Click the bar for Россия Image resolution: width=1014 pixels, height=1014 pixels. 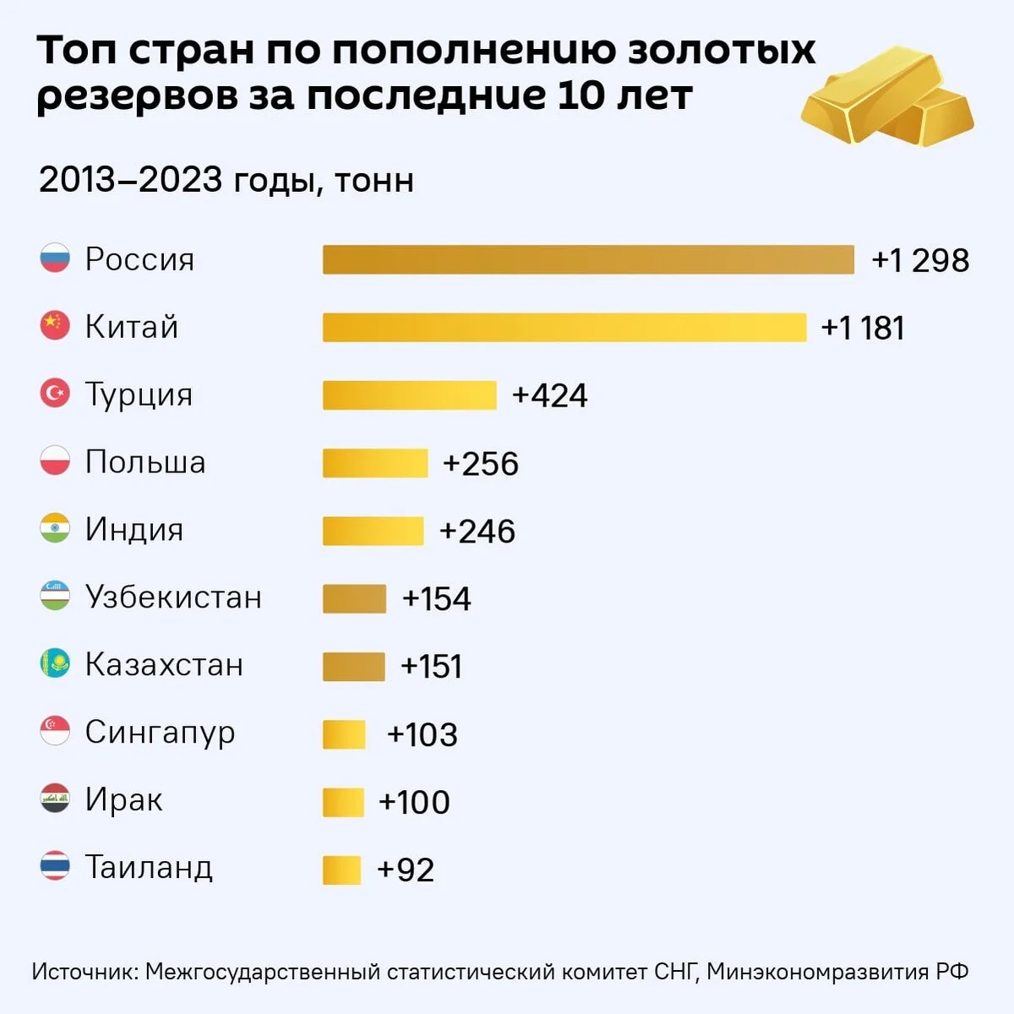click(x=588, y=259)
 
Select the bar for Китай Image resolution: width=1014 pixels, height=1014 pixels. click(x=564, y=327)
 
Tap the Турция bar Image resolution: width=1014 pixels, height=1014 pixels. click(x=409, y=395)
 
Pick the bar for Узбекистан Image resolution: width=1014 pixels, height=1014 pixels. click(x=354, y=599)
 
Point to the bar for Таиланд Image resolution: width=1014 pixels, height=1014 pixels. click(x=342, y=870)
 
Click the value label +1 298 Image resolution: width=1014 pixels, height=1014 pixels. click(x=920, y=260)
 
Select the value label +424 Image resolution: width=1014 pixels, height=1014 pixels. click(x=549, y=395)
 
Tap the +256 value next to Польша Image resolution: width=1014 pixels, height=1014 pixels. click(x=481, y=464)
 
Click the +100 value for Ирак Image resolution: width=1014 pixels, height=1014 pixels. click(x=414, y=803)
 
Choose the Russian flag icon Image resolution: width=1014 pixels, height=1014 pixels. click(x=55, y=258)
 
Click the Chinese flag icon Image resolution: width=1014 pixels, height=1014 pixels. click(x=55, y=325)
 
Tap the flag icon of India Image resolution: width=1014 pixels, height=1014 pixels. click(x=55, y=528)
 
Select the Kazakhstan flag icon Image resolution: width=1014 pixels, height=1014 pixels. click(x=55, y=663)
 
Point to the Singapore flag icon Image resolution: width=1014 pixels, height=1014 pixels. click(x=55, y=730)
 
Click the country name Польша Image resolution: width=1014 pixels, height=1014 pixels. click(x=145, y=462)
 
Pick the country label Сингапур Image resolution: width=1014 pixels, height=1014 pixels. click(x=160, y=733)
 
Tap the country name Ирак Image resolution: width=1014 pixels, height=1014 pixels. click(x=123, y=801)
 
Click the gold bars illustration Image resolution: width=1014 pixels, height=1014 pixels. click(x=887, y=95)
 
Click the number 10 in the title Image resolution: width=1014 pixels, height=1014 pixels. click(x=580, y=95)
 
